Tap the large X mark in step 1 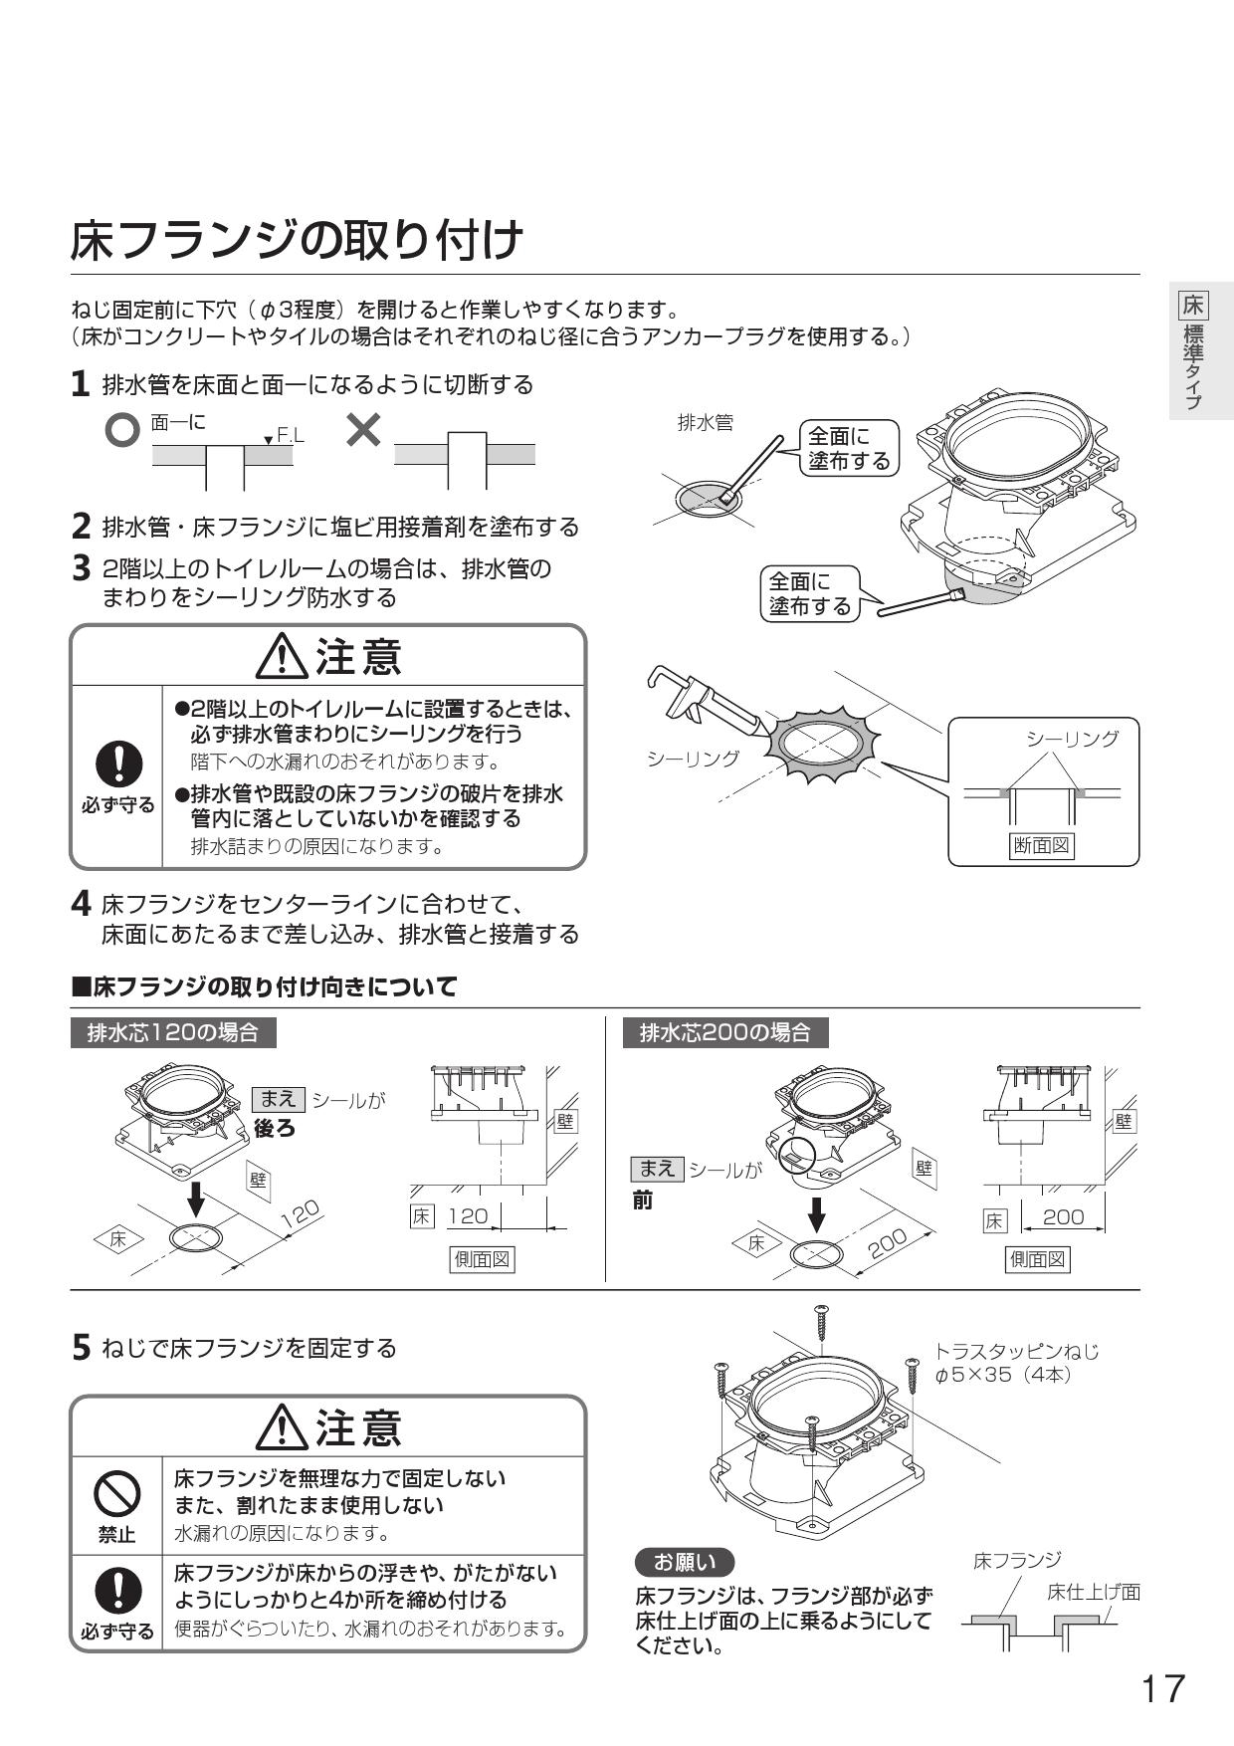364,429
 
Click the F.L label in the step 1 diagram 290,435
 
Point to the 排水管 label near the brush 705,422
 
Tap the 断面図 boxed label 1041,846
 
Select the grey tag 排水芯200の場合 725,1032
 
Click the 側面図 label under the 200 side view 1038,1259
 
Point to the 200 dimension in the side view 1062,1216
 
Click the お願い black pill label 684,1562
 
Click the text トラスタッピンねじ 1016,1351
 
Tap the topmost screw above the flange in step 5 821,1321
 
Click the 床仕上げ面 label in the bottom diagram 1092,1592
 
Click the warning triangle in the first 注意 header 284,658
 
